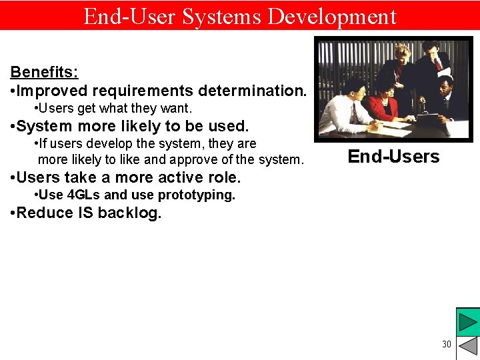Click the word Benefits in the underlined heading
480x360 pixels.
tap(43, 72)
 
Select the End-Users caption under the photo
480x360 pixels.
tap(393, 157)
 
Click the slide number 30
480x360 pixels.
tap(446, 344)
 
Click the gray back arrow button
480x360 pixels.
tap(468, 347)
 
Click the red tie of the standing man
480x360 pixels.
tap(437, 64)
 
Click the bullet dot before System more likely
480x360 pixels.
tap(12, 127)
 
